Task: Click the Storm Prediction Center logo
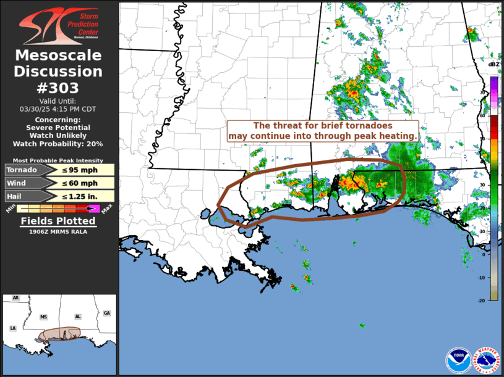point(58,25)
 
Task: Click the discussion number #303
point(58,88)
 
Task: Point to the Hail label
point(16,196)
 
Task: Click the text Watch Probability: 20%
point(58,144)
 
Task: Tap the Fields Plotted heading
point(58,221)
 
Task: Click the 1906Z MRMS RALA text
point(58,232)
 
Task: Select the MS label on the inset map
point(43,317)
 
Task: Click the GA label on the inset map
point(107,313)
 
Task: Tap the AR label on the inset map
point(15,298)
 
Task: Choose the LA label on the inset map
point(12,328)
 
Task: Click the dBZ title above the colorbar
point(493,65)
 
